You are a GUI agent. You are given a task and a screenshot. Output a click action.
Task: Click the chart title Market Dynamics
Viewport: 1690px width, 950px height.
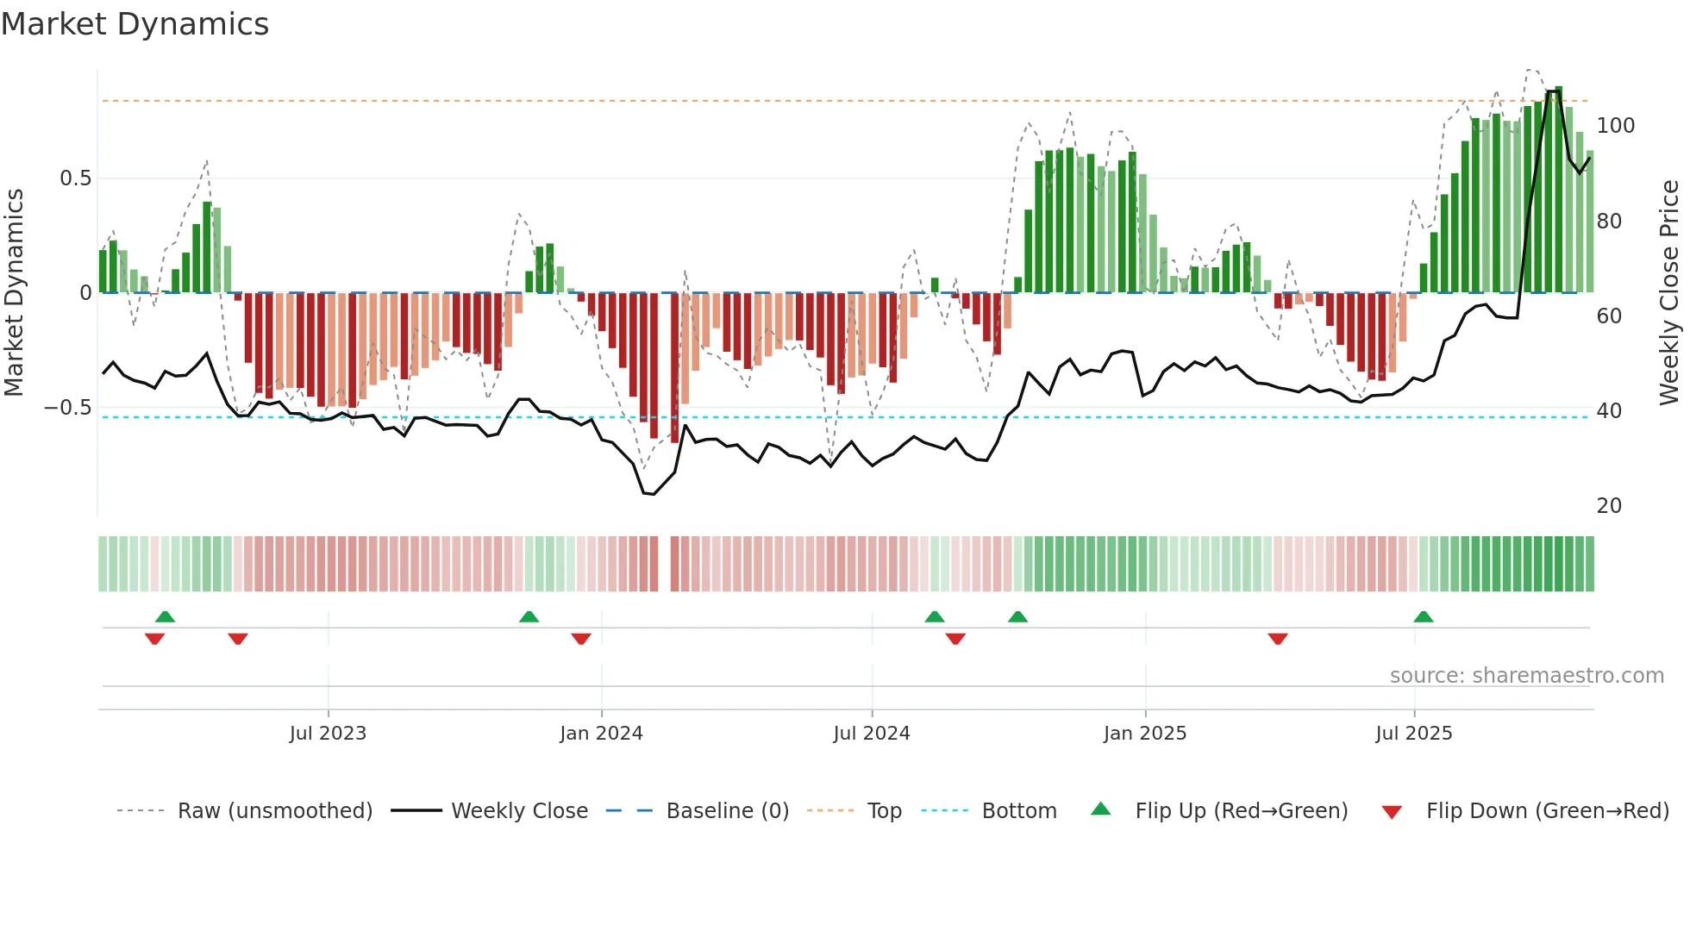tap(135, 24)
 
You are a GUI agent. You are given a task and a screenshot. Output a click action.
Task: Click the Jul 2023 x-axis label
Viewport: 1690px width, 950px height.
tap(328, 734)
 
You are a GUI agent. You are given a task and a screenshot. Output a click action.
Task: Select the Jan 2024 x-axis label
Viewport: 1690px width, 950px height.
tap(601, 734)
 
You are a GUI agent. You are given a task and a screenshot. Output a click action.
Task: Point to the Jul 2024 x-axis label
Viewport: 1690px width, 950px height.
tap(871, 734)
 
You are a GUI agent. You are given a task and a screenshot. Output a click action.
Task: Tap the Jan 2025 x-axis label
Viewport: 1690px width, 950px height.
tap(1144, 734)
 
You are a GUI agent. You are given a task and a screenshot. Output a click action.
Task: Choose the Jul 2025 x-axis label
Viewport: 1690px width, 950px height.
tap(1413, 734)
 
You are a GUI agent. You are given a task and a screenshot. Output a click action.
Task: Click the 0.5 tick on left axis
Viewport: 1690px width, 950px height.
tap(75, 178)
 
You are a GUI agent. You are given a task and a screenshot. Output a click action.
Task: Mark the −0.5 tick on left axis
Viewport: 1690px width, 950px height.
tap(68, 408)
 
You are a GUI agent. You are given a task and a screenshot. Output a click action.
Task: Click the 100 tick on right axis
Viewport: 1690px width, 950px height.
tap(1615, 126)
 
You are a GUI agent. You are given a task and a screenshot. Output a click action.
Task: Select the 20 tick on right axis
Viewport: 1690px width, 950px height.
tap(1609, 506)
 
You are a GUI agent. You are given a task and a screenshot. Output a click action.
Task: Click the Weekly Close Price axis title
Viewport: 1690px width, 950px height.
tap(1669, 293)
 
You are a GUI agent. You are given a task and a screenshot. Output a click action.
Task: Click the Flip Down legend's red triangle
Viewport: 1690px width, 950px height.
tap(1391, 812)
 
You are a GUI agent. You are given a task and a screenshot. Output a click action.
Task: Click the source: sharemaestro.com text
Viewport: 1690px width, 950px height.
tap(1526, 676)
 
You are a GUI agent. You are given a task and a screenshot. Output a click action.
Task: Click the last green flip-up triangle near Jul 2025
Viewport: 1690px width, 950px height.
tap(1423, 617)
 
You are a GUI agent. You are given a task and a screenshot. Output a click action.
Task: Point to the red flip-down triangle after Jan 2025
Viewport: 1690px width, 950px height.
tap(1277, 639)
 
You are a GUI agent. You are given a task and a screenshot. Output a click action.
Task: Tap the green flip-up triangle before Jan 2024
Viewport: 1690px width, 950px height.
tap(529, 617)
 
